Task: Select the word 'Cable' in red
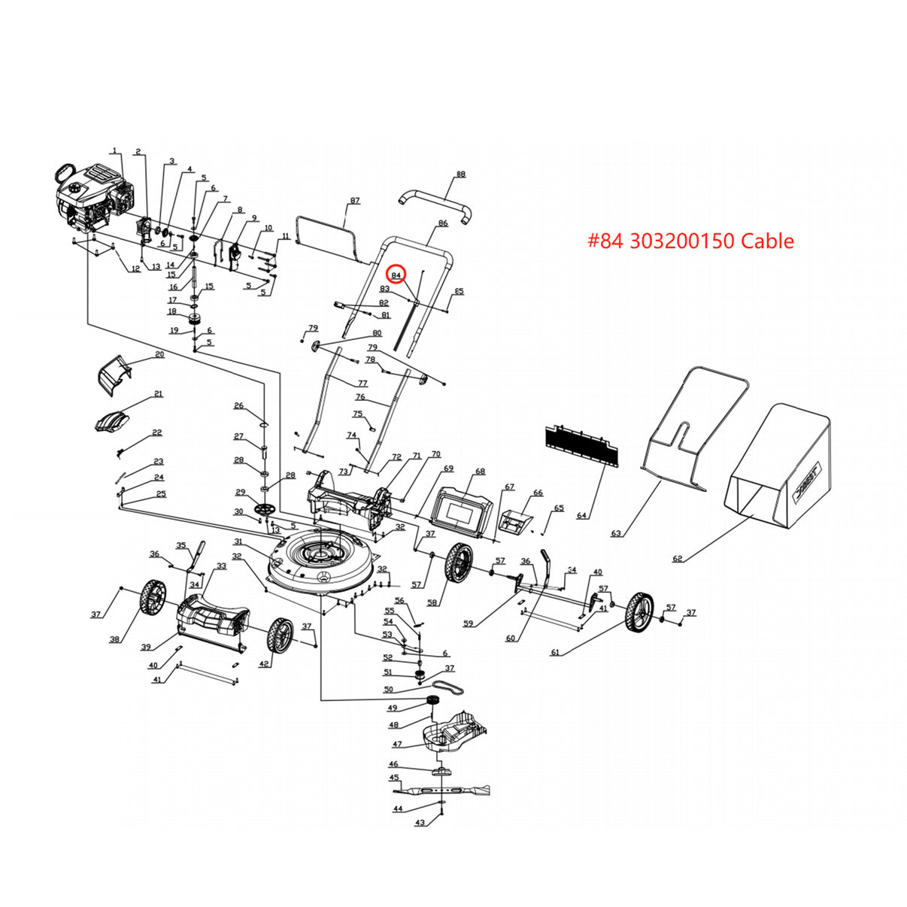click(767, 241)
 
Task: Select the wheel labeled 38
click(153, 597)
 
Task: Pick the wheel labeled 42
click(281, 636)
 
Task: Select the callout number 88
click(461, 174)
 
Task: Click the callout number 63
click(616, 533)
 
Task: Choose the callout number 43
click(420, 823)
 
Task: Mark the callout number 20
click(159, 354)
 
